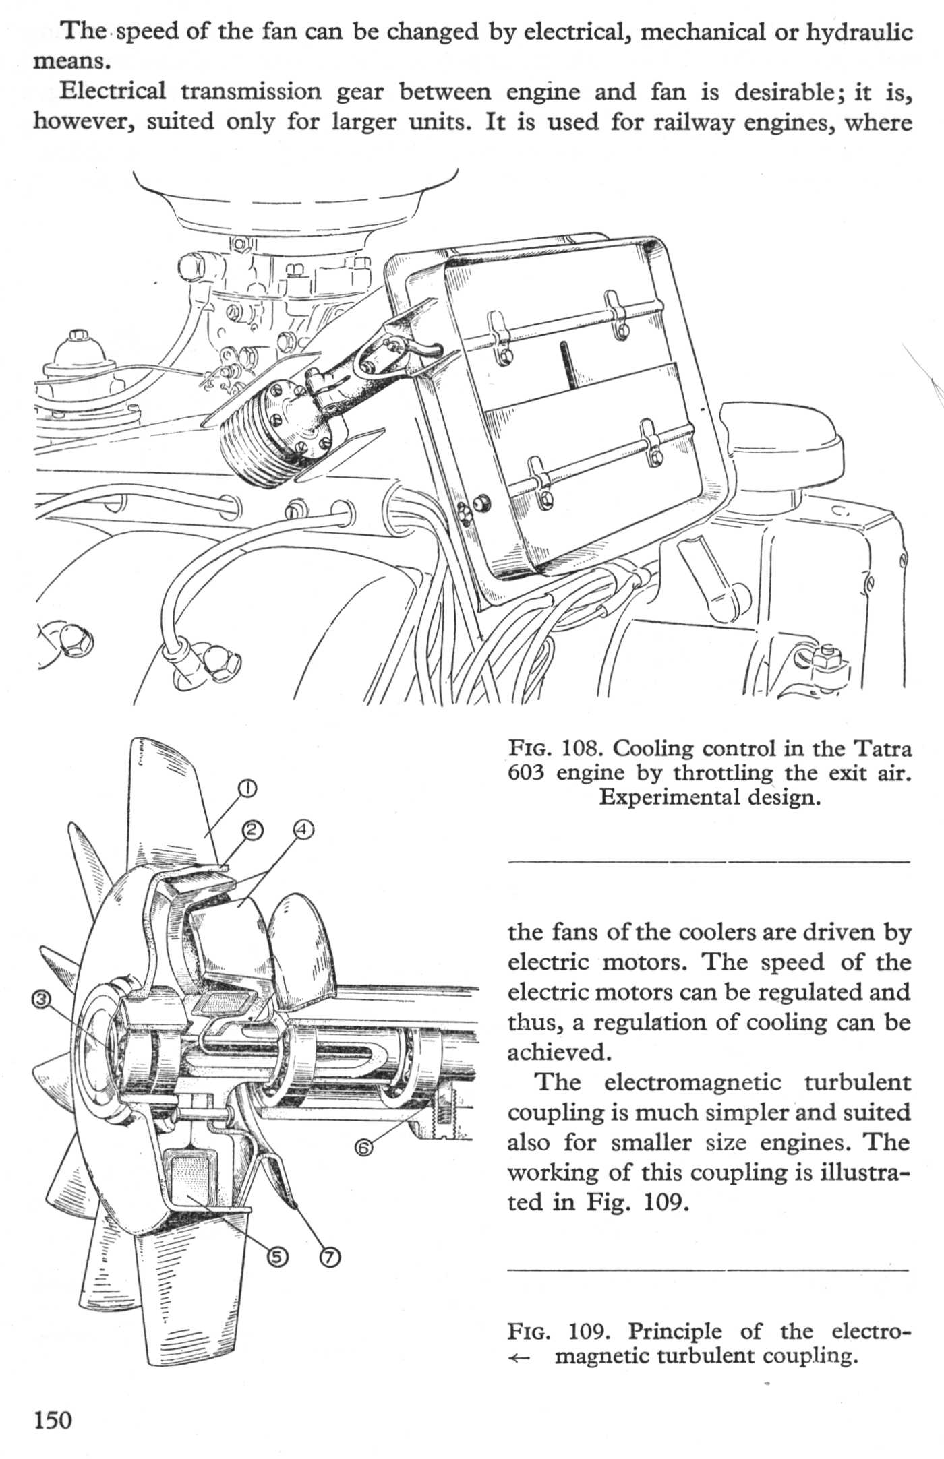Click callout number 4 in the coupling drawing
coord(303,830)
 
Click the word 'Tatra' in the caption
coord(883,749)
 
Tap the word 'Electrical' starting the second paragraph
coord(113,91)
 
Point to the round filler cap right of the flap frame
coord(782,445)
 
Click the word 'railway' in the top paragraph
coord(696,122)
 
